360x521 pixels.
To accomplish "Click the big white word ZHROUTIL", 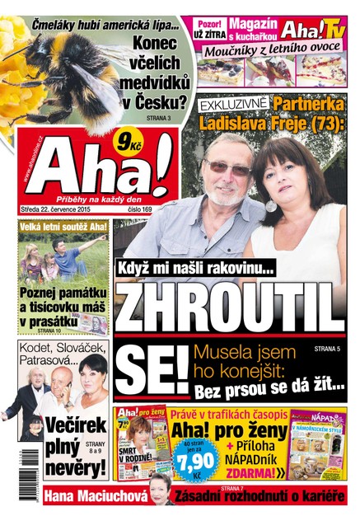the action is pos(229,307).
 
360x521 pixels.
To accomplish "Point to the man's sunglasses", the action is pos(227,167).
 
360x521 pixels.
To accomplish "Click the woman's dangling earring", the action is pos(271,204).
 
